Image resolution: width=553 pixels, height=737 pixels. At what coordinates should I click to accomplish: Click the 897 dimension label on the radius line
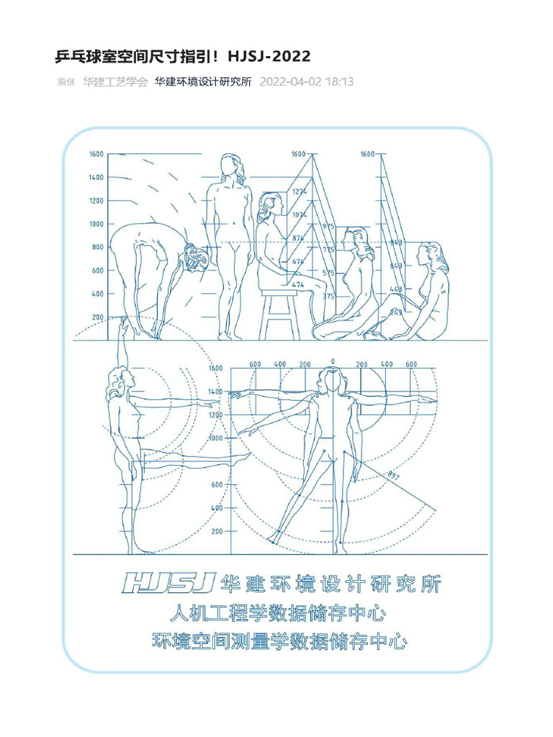tap(393, 476)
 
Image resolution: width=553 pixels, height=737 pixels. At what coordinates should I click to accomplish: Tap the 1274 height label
tap(300, 191)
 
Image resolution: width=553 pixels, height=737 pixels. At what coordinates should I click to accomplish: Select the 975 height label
tap(328, 227)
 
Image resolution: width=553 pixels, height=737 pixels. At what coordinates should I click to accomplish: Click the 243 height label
tap(396, 312)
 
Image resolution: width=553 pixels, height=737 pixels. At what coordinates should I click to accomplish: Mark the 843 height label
tap(396, 243)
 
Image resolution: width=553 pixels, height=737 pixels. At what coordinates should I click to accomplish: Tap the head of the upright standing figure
tap(230, 165)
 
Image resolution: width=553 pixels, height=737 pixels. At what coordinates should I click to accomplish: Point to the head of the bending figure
tap(194, 257)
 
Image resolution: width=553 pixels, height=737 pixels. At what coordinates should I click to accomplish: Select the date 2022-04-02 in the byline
tap(291, 82)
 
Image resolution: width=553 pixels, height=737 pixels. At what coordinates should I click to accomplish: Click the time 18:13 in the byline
tap(339, 82)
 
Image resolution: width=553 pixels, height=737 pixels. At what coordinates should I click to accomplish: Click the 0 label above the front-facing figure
tap(332, 361)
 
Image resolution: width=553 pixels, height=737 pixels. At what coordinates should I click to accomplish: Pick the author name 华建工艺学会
tap(115, 82)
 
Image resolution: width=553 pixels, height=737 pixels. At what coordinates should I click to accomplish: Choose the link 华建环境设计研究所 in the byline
tap(203, 82)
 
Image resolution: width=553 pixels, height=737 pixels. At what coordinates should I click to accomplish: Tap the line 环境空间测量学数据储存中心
tap(280, 641)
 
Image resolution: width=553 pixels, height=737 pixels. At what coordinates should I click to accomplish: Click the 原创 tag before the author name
tap(66, 82)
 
